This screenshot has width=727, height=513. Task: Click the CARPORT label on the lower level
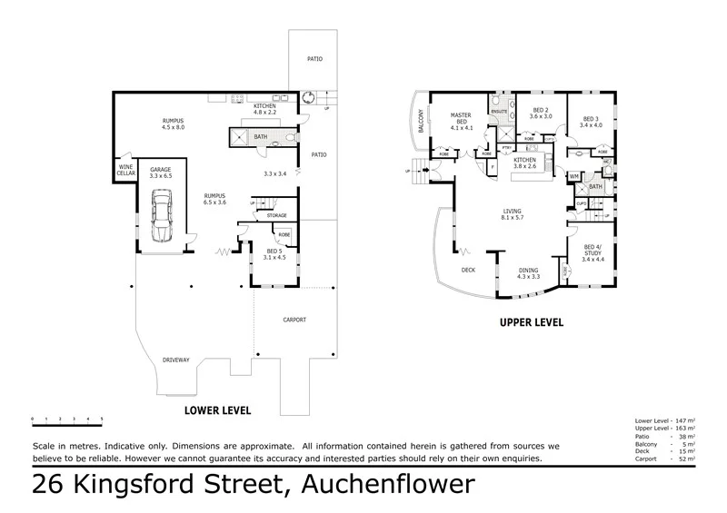click(x=294, y=320)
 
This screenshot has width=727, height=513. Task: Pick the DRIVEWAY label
click(x=175, y=360)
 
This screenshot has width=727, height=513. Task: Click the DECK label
click(x=468, y=269)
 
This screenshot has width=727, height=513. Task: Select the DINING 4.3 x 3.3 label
click(x=528, y=273)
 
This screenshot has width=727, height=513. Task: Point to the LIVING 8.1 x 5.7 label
click(x=514, y=215)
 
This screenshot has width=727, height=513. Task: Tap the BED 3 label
click(x=591, y=122)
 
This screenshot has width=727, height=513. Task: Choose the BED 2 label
click(x=542, y=113)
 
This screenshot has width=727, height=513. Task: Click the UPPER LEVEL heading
click(x=532, y=322)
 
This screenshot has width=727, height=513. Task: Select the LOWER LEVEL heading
click(x=217, y=410)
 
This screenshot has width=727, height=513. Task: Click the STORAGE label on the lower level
click(x=276, y=215)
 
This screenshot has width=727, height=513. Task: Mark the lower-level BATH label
click(x=261, y=137)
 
